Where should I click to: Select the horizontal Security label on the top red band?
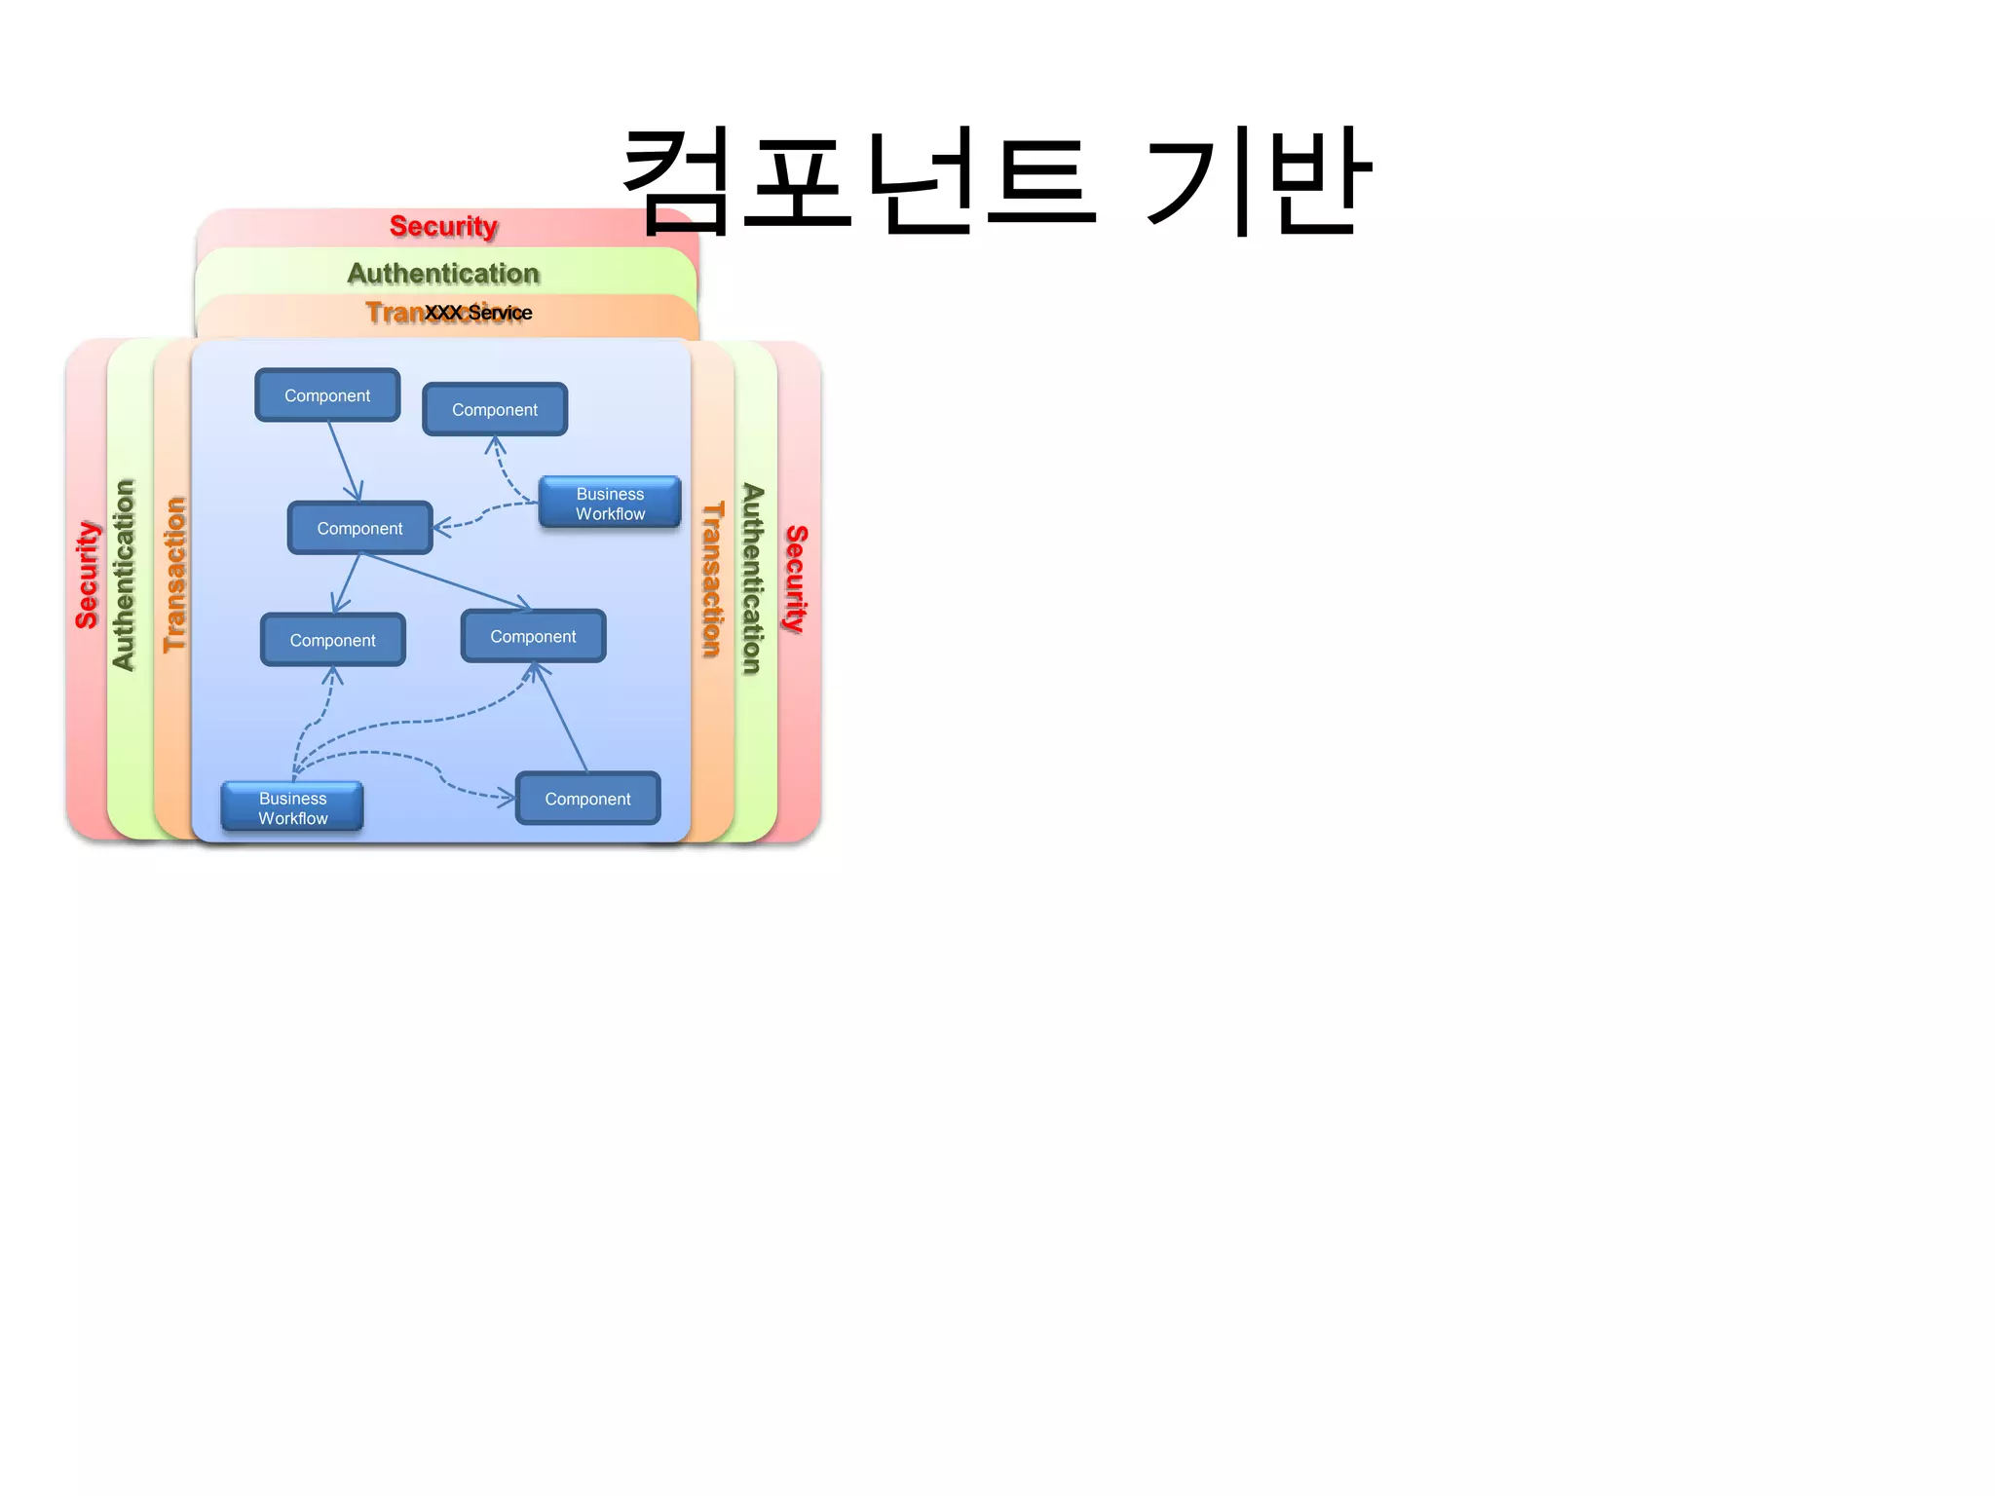pos(443,226)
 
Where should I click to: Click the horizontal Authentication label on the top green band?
pos(443,274)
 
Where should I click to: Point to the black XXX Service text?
pos(478,313)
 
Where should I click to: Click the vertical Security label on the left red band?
pos(88,575)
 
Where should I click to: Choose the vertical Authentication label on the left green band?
pos(124,575)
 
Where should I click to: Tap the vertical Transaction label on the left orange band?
pos(174,575)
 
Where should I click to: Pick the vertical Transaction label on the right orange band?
pos(712,579)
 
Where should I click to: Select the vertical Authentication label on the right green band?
pos(752,579)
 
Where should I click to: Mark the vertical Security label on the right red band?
pos(796,579)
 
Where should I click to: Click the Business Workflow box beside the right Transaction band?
pos(610,503)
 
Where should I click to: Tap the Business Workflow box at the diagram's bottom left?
pos(292,807)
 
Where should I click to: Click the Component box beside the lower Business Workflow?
pos(587,799)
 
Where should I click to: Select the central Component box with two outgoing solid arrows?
pos(359,528)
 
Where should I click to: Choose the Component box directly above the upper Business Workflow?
pos(495,409)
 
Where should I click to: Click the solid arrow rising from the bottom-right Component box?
pos(561,719)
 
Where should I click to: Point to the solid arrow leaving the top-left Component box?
pos(344,461)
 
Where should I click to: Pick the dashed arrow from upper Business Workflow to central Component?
pos(482,514)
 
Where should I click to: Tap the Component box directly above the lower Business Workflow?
pos(333,640)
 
